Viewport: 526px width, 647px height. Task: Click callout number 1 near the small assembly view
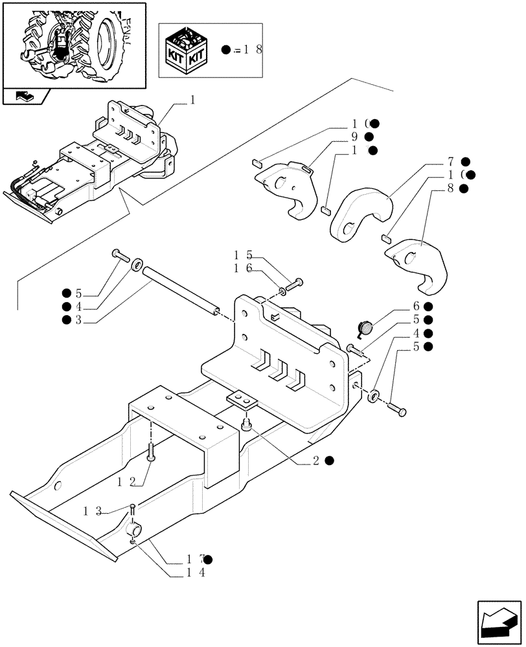(x=192, y=100)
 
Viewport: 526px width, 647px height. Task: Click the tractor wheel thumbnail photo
(x=74, y=44)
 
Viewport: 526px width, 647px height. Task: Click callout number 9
(x=355, y=137)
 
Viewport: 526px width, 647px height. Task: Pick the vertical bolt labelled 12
(x=150, y=451)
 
